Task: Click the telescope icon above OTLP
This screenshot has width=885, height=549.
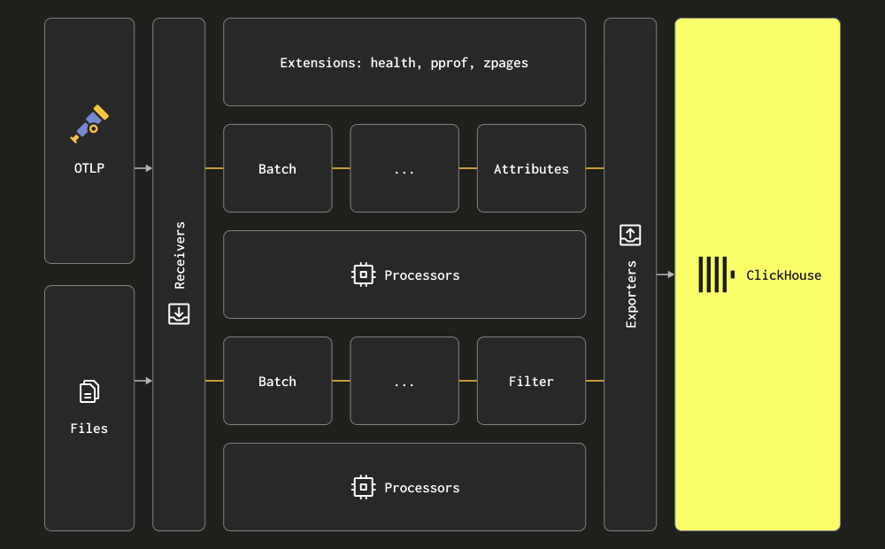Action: click(x=89, y=124)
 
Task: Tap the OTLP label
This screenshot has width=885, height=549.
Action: click(x=89, y=168)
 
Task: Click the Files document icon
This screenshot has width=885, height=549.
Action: click(x=89, y=391)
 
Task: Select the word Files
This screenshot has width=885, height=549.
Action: click(x=89, y=429)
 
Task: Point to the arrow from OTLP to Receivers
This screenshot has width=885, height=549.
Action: click(x=143, y=168)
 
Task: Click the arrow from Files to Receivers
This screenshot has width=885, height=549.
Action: click(x=143, y=381)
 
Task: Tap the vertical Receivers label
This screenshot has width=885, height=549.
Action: click(x=180, y=255)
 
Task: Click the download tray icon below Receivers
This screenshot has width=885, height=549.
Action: click(x=179, y=314)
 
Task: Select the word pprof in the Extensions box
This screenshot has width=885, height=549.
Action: click(x=450, y=63)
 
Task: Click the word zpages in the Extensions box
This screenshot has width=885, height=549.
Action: click(x=505, y=63)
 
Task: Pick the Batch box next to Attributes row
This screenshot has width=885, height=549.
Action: click(x=278, y=168)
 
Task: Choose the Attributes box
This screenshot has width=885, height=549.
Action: click(x=531, y=168)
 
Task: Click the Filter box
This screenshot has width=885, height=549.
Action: click(x=531, y=381)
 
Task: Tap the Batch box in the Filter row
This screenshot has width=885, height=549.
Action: click(x=278, y=381)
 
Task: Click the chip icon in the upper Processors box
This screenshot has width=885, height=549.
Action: click(x=364, y=275)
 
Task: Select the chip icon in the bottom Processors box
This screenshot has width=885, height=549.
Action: click(x=364, y=487)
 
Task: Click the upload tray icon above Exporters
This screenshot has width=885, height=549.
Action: click(x=630, y=235)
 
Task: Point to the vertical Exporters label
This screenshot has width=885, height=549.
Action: click(x=631, y=294)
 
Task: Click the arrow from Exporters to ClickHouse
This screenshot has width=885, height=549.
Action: click(x=666, y=274)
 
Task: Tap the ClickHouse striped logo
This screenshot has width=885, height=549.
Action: click(x=717, y=274)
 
